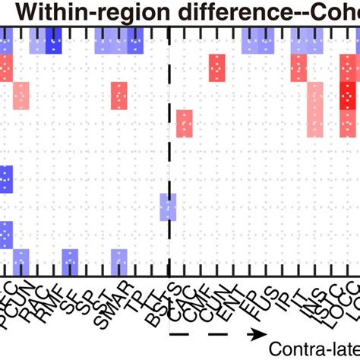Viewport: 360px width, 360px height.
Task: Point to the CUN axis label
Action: (217, 296)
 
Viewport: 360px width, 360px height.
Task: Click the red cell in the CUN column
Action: (217, 68)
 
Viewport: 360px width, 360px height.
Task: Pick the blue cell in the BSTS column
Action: (169, 207)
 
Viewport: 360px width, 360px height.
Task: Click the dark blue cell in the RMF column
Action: (54, 41)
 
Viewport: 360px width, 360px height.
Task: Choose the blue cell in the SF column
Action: (70, 262)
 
